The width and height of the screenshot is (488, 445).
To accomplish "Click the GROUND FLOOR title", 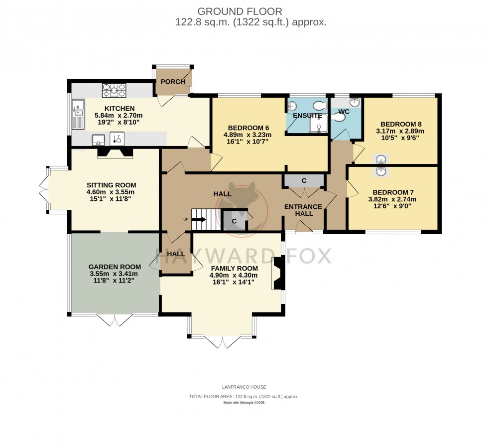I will [240, 11].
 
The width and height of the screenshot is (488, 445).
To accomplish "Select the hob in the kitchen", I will [114, 91].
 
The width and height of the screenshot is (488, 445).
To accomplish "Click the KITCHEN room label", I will [119, 109].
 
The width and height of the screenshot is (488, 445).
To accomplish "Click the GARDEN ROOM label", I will [115, 267].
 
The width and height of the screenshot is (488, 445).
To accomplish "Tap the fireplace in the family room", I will [278, 273].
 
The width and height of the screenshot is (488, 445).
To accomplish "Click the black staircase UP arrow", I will [198, 219].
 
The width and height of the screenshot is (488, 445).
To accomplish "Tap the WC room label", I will [344, 111].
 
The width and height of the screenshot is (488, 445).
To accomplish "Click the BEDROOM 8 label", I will [401, 124].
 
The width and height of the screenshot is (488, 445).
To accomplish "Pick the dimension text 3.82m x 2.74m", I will [391, 199].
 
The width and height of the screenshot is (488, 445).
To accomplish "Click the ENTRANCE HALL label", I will [304, 210].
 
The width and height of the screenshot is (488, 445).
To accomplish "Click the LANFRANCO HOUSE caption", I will [244, 387].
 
